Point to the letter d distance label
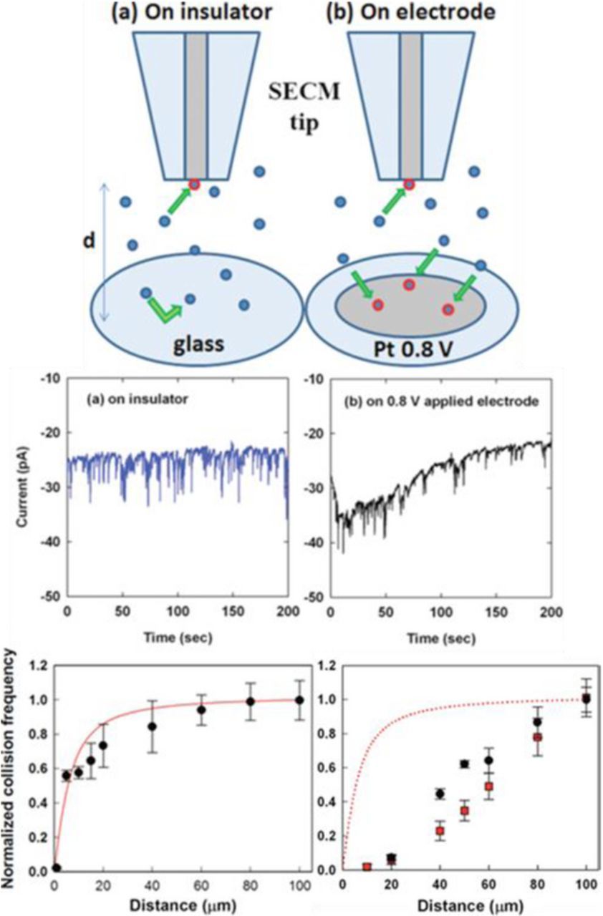tap(89, 243)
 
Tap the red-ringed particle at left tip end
tap(194, 185)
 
